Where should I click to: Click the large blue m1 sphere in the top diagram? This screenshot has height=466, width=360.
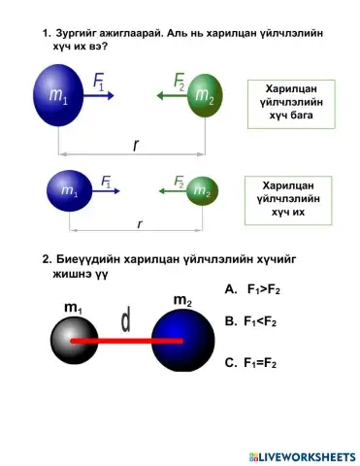coord(59,95)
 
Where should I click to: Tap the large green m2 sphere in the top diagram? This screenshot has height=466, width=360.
coord(203,95)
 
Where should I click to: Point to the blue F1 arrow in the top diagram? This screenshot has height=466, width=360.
coord(101,95)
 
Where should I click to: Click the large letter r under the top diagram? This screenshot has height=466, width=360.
coord(136,144)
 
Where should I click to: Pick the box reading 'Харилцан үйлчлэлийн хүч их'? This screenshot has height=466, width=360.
coord(292,197)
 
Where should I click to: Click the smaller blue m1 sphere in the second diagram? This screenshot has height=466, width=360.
coord(69,189)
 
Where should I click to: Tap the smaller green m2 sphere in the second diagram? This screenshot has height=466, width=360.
coord(200,190)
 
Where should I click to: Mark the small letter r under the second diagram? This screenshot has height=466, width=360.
coord(140,223)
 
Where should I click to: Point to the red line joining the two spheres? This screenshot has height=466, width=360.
coord(126,342)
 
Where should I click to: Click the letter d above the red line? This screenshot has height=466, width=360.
coord(125,317)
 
